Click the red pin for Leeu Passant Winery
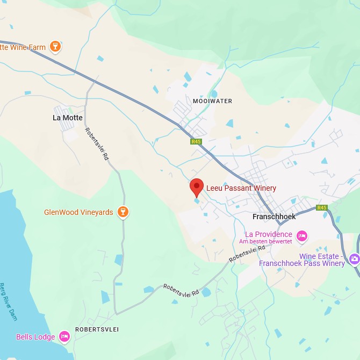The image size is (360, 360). (x=197, y=188)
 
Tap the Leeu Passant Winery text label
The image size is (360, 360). (x=241, y=188)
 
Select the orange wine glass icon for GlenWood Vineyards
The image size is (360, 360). (x=124, y=212)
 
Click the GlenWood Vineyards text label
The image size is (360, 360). (x=78, y=212)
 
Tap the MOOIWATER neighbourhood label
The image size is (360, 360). (x=212, y=101)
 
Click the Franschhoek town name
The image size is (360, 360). (x=274, y=217)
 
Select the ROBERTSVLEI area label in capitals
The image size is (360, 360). (x=97, y=329)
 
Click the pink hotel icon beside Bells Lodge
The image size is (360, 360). (x=64, y=337)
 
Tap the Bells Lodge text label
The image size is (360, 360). (x=35, y=337)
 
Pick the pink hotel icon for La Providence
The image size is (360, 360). (x=302, y=235)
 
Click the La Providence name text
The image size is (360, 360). (x=269, y=234)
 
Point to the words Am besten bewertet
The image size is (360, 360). (x=266, y=242)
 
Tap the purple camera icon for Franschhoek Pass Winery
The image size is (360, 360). (x=354, y=259)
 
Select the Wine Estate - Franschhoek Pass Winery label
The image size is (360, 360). (x=302, y=260)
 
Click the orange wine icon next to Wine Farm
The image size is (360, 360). (x=55, y=47)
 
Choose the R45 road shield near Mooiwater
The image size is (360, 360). (x=196, y=142)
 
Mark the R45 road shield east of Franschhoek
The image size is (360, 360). (x=322, y=207)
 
